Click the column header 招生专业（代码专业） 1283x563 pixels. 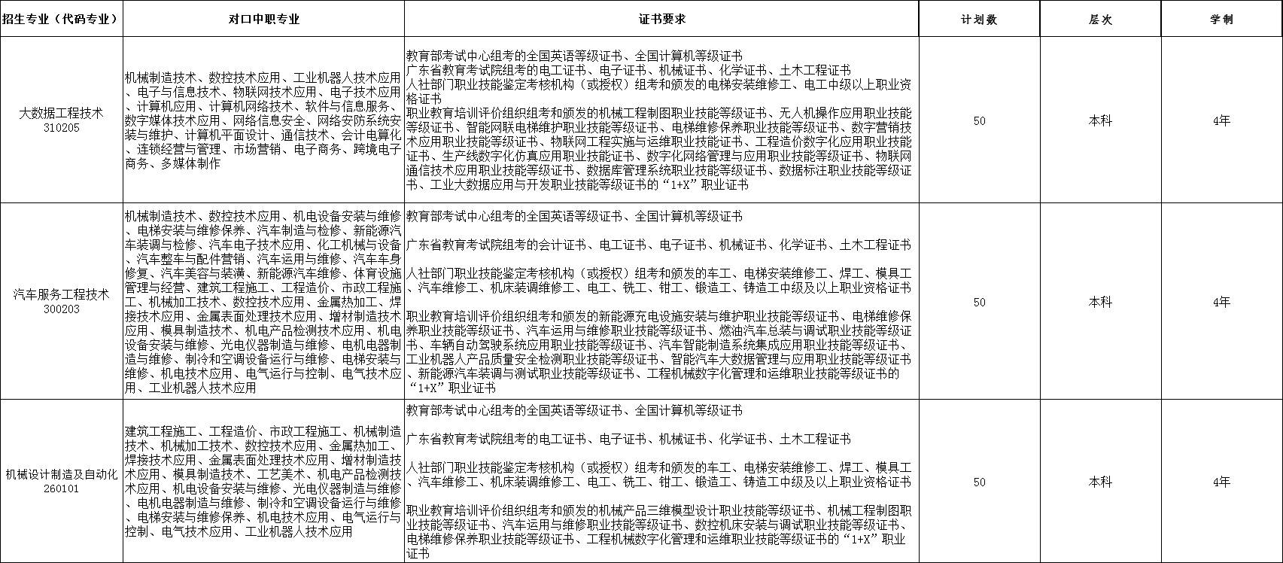(61, 20)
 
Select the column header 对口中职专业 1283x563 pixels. (263, 20)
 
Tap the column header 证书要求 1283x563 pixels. (661, 20)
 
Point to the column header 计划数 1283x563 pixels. (979, 20)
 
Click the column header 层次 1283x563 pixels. (1100, 20)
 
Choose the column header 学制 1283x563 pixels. (1221, 20)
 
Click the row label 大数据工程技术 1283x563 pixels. (61, 114)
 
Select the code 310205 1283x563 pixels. (61, 127)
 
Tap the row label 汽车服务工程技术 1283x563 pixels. (61, 294)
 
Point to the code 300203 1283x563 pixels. (61, 309)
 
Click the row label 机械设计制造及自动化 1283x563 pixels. (61, 474)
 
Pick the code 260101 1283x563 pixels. (61, 488)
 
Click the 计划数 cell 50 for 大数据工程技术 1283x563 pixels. (979, 120)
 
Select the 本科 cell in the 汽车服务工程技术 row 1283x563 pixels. (1100, 302)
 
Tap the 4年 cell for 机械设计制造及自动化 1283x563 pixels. (1221, 482)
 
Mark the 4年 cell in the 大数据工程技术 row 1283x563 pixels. (1221, 120)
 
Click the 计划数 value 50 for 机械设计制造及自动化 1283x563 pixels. (979, 482)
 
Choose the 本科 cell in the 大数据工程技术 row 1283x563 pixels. (1100, 120)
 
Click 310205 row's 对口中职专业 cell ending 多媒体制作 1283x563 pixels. (263, 120)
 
